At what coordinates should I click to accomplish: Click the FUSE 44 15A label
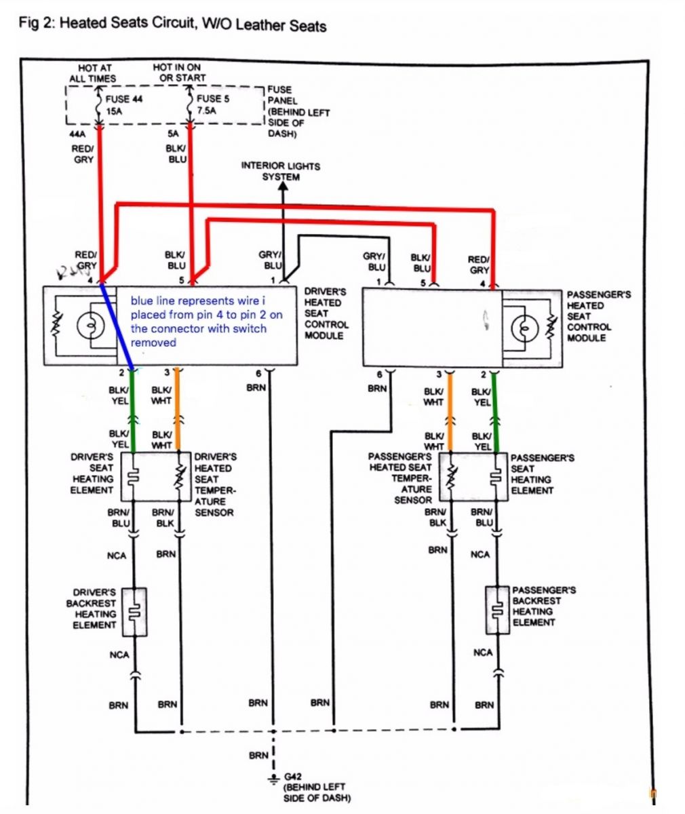click(123, 104)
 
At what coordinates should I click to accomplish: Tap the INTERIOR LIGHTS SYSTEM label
click(281, 171)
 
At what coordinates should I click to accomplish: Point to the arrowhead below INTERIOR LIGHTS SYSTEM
click(283, 187)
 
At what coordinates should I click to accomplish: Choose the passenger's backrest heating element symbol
click(498, 609)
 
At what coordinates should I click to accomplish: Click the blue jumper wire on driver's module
click(117, 326)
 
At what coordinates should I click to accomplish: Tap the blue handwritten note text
click(207, 322)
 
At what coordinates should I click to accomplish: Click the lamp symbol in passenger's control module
click(523, 328)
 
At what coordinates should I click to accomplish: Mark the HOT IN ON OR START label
click(177, 73)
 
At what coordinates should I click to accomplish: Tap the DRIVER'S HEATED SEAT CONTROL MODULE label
click(326, 313)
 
